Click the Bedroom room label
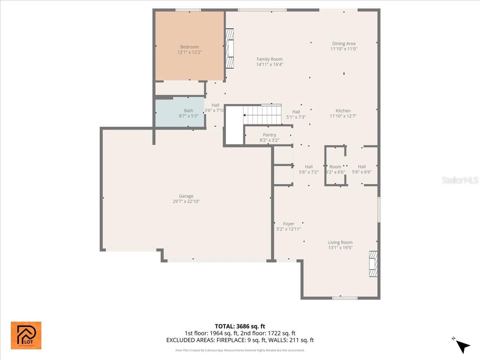point(189,47)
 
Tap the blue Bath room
point(180,113)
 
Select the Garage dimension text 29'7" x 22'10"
point(186,202)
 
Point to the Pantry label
point(269,135)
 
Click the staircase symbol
point(262,114)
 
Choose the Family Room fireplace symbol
point(230,48)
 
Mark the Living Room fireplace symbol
point(373,264)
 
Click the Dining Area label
point(344,44)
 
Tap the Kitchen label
point(343,111)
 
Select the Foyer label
point(288,224)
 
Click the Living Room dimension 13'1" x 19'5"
point(340,248)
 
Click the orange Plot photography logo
point(26,335)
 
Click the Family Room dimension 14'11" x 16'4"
point(270,64)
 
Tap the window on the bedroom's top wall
point(188,10)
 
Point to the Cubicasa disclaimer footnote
point(240,350)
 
